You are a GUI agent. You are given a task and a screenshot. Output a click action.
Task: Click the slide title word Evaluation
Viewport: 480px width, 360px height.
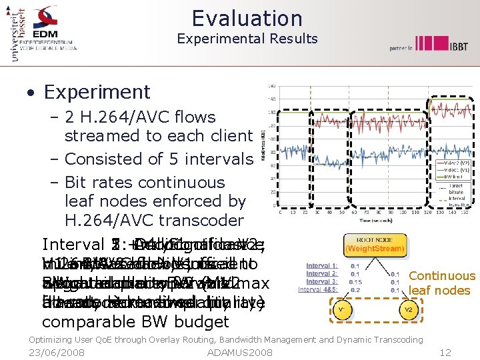(x=247, y=18)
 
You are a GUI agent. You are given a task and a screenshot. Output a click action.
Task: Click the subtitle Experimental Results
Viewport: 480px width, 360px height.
(x=247, y=39)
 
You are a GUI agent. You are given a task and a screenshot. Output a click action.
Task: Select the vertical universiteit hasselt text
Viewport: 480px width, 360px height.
(x=14, y=33)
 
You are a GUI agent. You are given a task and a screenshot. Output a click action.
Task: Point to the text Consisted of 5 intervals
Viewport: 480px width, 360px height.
(x=159, y=159)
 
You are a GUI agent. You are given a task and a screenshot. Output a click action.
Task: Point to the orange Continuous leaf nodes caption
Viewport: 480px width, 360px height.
(x=442, y=283)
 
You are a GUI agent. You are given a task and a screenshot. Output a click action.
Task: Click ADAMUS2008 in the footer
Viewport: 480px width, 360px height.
(x=240, y=351)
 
